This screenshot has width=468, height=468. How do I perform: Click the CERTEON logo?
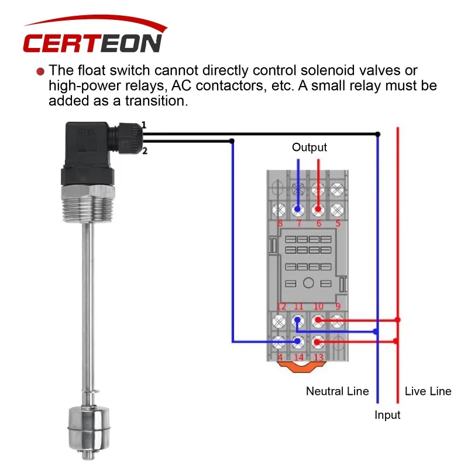tap(95, 35)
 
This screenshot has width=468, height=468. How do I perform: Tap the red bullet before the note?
tap(40, 71)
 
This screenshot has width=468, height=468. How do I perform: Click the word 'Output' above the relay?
tap(309, 147)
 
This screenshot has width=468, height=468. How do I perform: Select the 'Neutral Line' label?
tap(338, 391)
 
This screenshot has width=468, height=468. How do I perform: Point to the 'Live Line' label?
tap(428, 391)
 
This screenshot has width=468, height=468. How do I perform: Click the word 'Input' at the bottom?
tap(387, 415)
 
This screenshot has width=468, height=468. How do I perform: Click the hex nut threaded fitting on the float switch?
tap(88, 204)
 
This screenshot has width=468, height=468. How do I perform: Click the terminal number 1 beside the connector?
tap(144, 125)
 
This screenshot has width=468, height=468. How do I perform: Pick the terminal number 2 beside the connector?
tap(144, 151)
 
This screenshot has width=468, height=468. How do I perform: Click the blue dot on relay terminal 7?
tap(298, 209)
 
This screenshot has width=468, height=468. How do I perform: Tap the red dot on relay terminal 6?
tap(318, 209)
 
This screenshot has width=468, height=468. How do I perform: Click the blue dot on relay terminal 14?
tap(298, 341)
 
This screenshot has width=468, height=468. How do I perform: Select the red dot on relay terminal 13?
tap(317, 342)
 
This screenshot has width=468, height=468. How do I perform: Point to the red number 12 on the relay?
tap(281, 306)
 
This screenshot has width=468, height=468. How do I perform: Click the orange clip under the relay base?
tap(301, 367)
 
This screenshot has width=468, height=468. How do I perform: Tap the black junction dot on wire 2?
tap(232, 141)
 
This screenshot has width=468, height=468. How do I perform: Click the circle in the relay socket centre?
tap(308, 283)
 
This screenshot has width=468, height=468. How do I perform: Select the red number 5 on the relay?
tap(338, 223)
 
